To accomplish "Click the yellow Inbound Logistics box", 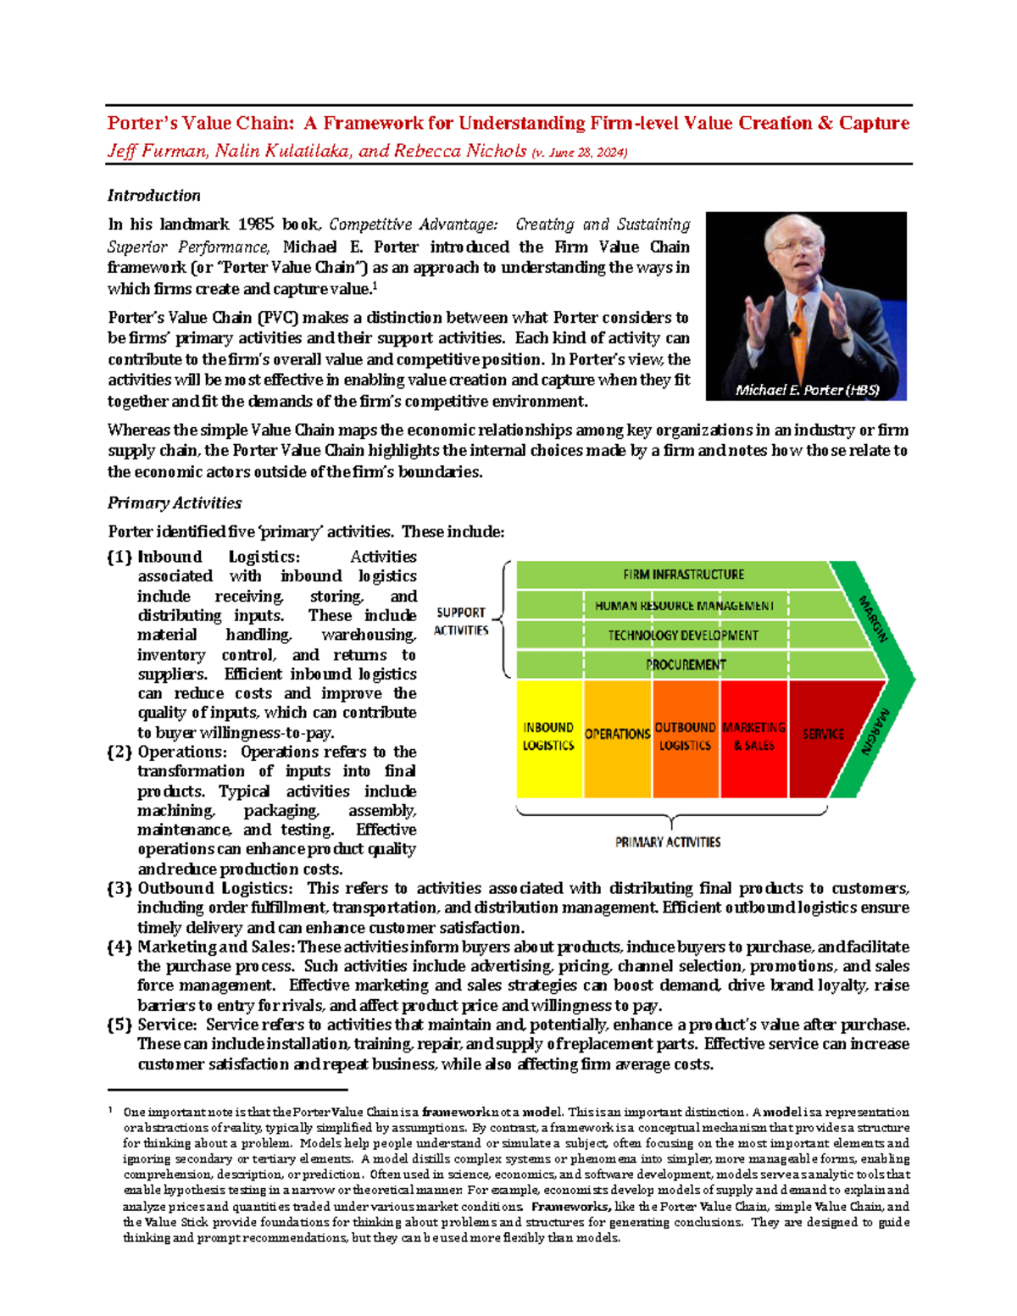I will point(549,737).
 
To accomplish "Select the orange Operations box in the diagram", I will point(618,737).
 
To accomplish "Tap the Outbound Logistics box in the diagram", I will point(686,737).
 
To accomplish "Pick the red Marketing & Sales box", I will point(754,737).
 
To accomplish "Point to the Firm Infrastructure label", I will point(683,575).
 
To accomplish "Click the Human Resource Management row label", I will point(684,606).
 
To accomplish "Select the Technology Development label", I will point(683,636).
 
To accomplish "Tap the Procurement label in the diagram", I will point(686,665).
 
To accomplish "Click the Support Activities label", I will point(461,621).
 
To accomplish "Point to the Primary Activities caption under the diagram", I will point(668,842).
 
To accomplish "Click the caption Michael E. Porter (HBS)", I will point(807,391).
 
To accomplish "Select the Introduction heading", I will point(153,196).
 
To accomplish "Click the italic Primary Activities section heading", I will point(175,503).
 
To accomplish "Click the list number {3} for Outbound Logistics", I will point(119,889).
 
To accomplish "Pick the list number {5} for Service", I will point(119,1025).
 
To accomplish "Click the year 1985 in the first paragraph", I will point(255,225).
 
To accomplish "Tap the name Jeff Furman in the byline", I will point(157,152).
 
